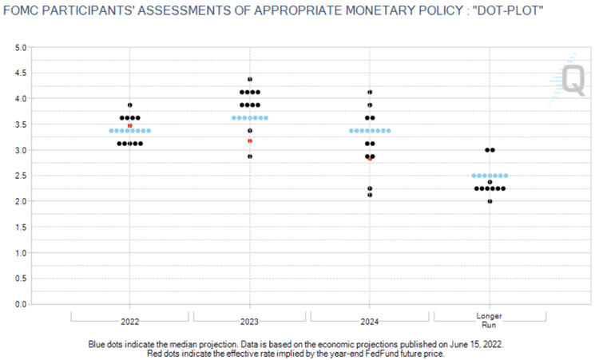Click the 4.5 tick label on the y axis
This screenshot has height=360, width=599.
tap(22, 73)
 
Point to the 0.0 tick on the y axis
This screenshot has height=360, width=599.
tap(22, 304)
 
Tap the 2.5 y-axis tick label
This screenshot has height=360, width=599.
tap(22, 176)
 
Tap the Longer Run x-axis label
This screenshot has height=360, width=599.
tap(489, 321)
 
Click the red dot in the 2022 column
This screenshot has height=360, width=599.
tap(130, 125)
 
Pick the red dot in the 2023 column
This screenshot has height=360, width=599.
tap(250, 140)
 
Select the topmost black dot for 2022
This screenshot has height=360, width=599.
tap(130, 105)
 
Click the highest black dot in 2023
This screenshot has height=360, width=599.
tap(250, 80)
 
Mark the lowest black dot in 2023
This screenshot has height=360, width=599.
tap(250, 156)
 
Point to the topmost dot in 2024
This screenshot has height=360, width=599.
tap(370, 93)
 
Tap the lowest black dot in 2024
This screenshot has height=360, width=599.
tap(370, 195)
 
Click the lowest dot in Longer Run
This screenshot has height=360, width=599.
tap(490, 201)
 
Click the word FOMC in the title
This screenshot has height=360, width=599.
tap(22, 11)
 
